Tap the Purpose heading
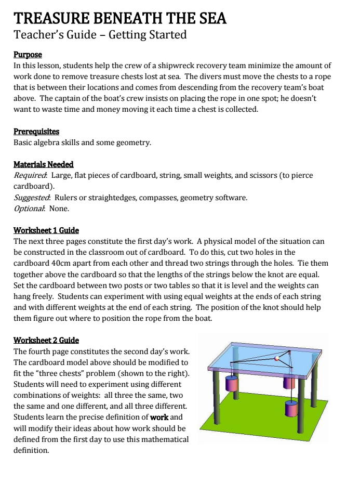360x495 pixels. pyautogui.click(x=28, y=55)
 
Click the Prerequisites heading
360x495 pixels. pyautogui.click(x=36, y=132)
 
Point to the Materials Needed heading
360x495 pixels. pyautogui.click(x=43, y=164)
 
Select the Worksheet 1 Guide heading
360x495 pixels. pyautogui.click(x=46, y=230)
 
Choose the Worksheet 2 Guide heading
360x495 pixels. pyautogui.click(x=46, y=340)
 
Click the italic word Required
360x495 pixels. pyautogui.click(x=31, y=175)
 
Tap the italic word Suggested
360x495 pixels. pyautogui.click(x=32, y=197)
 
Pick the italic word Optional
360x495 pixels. pyautogui.click(x=29, y=208)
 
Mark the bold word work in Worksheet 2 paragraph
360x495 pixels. pyautogui.click(x=159, y=418)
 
